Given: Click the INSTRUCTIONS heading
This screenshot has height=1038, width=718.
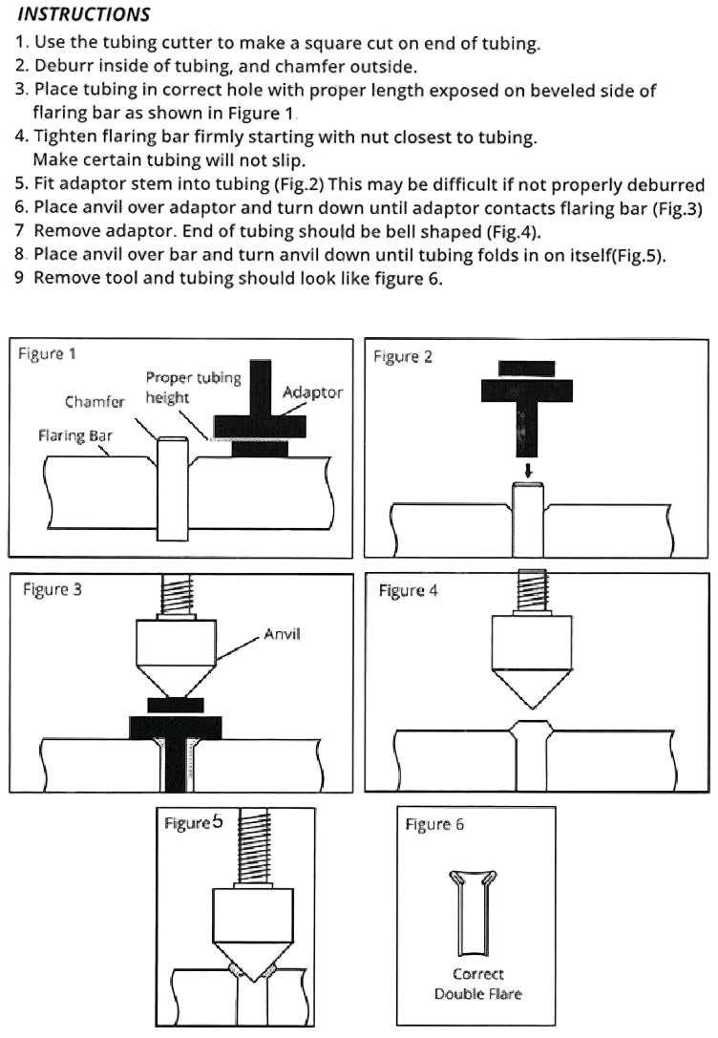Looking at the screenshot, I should click(x=84, y=14).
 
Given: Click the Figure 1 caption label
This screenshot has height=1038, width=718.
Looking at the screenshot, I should click(x=47, y=354).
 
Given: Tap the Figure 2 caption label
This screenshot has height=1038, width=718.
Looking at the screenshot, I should click(x=402, y=356).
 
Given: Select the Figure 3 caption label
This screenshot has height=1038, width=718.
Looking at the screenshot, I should click(x=53, y=589).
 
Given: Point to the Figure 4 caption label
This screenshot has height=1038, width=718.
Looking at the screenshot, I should click(x=408, y=590).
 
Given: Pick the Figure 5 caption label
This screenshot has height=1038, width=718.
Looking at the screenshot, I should click(x=194, y=822).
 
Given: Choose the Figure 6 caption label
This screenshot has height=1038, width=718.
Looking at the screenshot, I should click(x=434, y=824).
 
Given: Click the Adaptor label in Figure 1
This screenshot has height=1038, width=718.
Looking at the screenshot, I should click(x=312, y=392).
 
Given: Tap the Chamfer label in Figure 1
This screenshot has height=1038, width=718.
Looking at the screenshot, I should click(x=95, y=402).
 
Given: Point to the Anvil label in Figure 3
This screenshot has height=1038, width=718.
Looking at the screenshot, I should click(x=282, y=633).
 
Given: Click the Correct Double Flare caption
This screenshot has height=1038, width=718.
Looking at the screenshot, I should click(x=478, y=984).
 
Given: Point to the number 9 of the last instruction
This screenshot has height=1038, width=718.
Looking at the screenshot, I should click(x=20, y=280).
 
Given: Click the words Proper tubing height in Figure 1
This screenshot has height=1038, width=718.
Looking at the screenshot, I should click(x=193, y=387).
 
